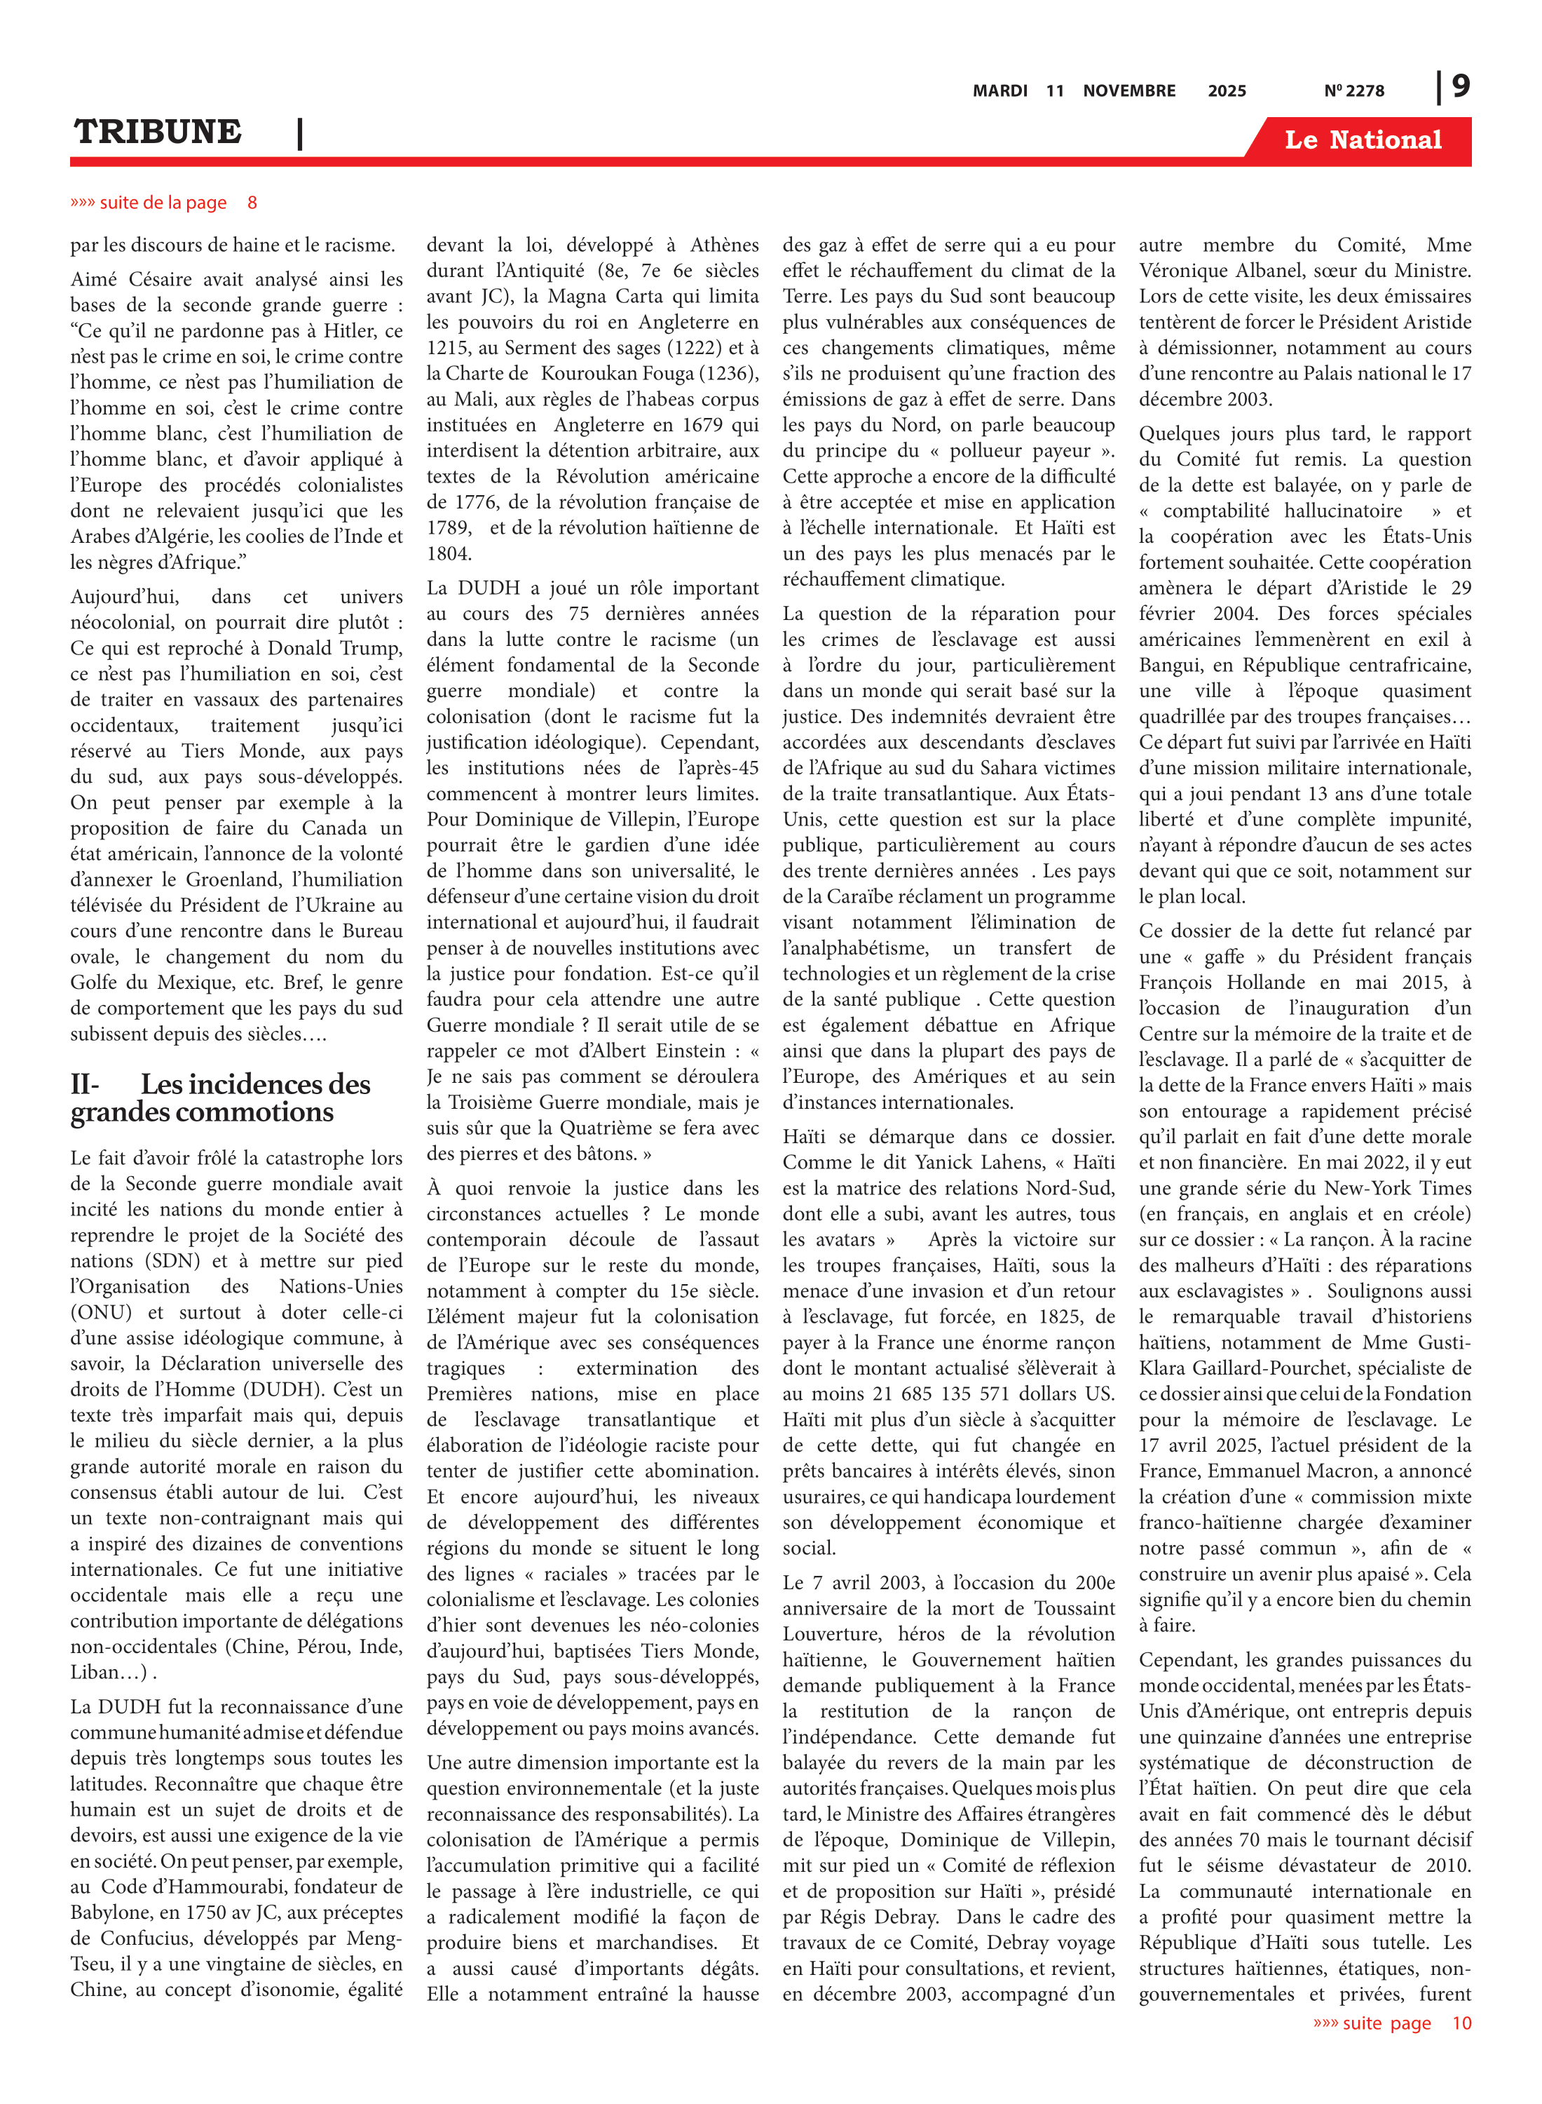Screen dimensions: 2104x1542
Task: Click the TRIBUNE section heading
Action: point(158,132)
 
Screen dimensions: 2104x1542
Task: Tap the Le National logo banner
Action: point(1362,140)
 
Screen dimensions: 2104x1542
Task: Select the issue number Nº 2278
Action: point(1353,90)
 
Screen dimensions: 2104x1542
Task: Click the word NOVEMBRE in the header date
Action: point(1128,90)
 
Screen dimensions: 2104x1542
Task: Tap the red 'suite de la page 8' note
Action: point(163,203)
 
